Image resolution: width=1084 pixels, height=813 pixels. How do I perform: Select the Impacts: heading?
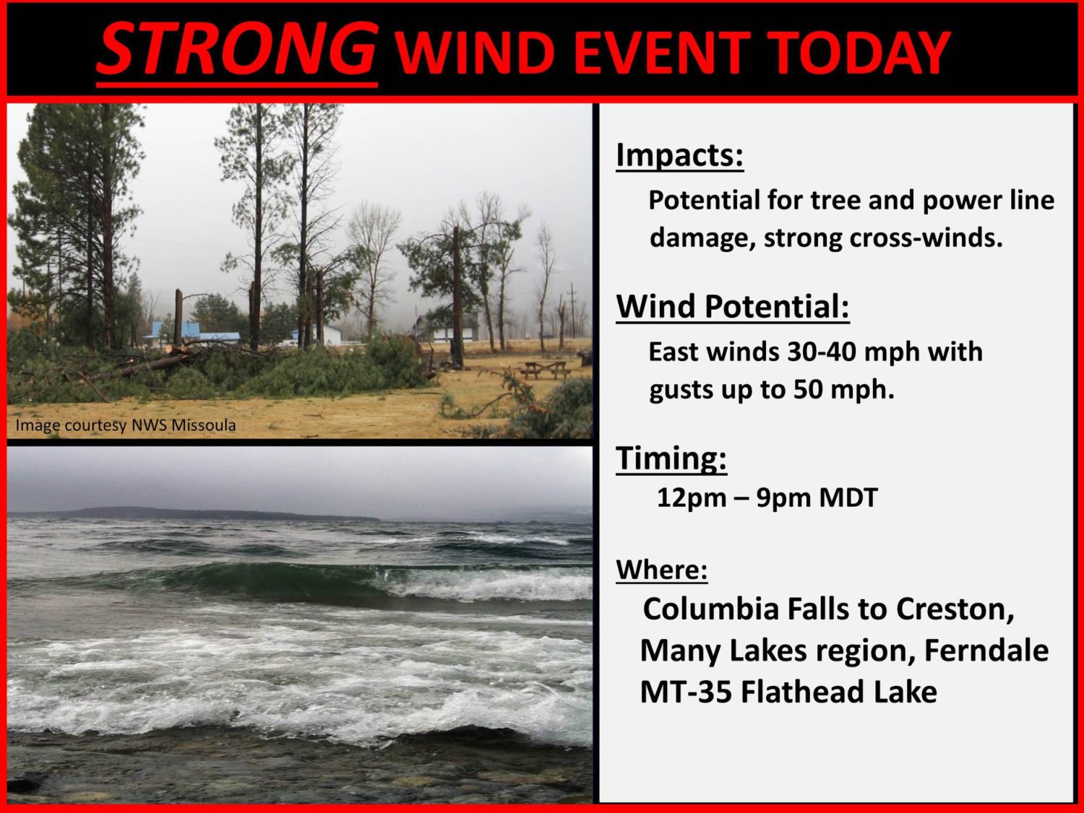point(679,155)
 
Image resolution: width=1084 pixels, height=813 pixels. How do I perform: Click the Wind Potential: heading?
point(733,307)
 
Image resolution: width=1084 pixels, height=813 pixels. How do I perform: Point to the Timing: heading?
point(671,458)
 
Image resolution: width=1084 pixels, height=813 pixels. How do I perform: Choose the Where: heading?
point(662,570)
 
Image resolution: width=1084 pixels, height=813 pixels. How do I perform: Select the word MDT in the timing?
point(848,497)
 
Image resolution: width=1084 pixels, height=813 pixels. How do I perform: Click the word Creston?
point(955,609)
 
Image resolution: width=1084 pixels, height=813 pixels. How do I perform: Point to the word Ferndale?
point(986,651)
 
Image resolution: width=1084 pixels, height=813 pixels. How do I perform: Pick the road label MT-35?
point(686,692)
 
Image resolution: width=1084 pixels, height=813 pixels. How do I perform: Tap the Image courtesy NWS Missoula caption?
point(126,425)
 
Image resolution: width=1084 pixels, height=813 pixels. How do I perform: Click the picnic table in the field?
point(545,370)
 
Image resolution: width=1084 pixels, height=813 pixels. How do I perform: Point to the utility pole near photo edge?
point(572,310)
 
